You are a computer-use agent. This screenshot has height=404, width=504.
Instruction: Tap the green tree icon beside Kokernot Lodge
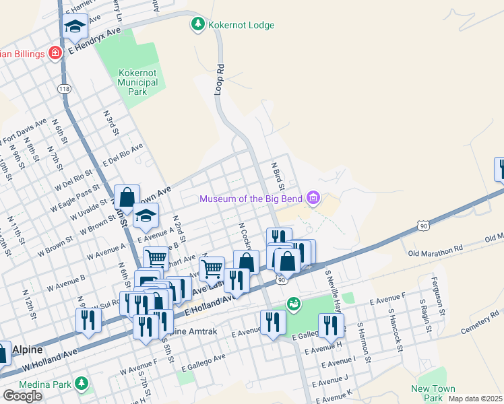(198, 26)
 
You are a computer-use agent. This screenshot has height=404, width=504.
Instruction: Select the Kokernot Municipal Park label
(137, 82)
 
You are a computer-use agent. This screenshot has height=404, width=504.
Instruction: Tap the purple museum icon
(313, 198)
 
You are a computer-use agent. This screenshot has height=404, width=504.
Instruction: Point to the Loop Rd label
(219, 79)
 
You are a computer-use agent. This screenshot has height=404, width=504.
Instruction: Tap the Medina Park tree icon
(82, 383)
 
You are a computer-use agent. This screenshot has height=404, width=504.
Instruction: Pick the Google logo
(22, 396)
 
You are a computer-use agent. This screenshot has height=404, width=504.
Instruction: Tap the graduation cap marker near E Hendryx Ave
(75, 28)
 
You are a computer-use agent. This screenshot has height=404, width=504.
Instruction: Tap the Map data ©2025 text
(476, 399)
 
